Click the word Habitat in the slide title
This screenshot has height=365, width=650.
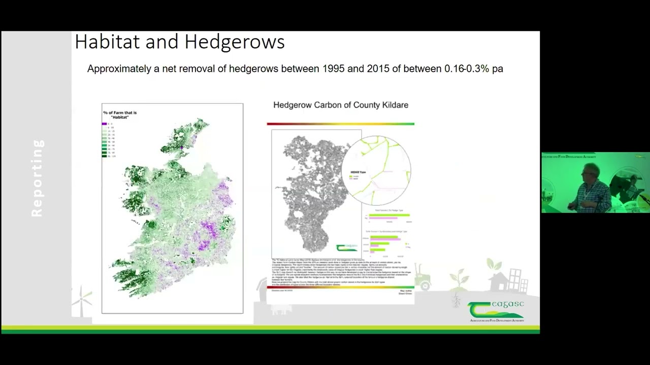click(x=107, y=42)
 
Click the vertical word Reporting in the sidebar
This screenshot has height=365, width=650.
click(x=37, y=178)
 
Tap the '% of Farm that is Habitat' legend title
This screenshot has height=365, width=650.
click(x=120, y=115)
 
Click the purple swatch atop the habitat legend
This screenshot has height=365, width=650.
click(x=104, y=124)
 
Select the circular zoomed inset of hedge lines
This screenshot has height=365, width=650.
click(x=376, y=170)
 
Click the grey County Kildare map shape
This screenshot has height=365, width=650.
click(x=310, y=198)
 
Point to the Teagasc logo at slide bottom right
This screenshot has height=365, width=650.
click(x=496, y=311)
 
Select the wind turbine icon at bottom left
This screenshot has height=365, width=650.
click(x=82, y=299)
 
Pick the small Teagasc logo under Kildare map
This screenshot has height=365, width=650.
click(x=347, y=247)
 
